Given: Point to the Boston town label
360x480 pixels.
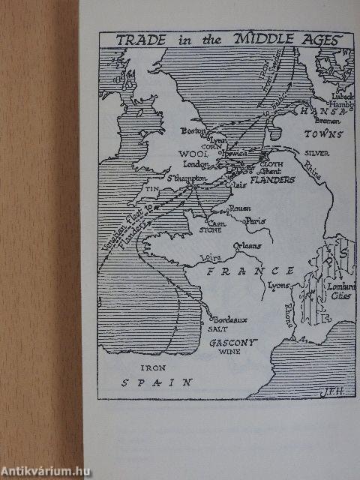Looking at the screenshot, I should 193,130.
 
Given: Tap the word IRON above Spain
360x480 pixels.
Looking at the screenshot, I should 151,367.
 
